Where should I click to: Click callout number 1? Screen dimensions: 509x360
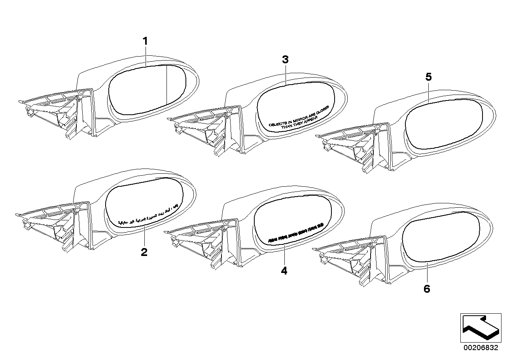click(145, 41)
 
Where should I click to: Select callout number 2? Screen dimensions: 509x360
click(144, 252)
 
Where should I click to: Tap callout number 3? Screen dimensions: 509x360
click(286, 60)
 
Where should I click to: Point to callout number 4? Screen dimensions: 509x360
click(284, 271)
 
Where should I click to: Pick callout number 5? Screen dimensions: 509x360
click(429, 77)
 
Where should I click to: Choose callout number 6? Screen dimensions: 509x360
click(426, 289)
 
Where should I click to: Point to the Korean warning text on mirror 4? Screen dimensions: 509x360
click(295, 233)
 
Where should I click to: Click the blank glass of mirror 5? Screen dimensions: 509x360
click(443, 123)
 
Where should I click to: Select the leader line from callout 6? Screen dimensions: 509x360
click(427, 273)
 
